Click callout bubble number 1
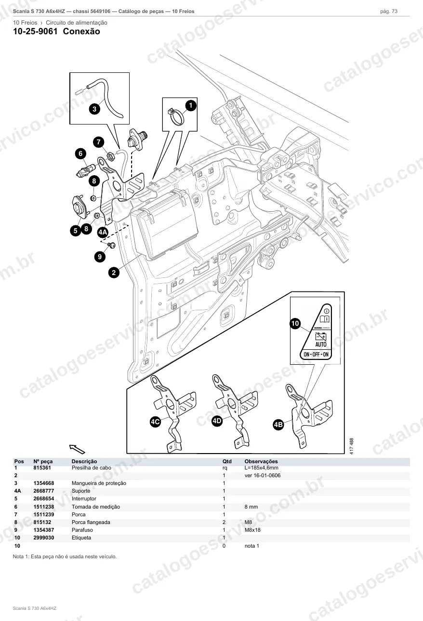(190, 106)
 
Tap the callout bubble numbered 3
(94, 109)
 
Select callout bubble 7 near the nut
(99, 142)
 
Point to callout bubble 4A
(103, 232)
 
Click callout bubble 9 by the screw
(100, 257)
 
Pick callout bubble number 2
(114, 273)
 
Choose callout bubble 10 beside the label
(295, 323)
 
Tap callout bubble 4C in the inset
(155, 422)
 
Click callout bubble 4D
(217, 421)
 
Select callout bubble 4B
(278, 425)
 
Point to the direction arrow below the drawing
(77, 449)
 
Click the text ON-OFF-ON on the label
(316, 354)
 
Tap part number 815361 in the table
(42, 468)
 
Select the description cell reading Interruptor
(84, 498)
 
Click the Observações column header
(261, 461)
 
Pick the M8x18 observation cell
(252, 530)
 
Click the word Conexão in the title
(81, 31)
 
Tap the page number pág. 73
(389, 12)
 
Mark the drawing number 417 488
(352, 446)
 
